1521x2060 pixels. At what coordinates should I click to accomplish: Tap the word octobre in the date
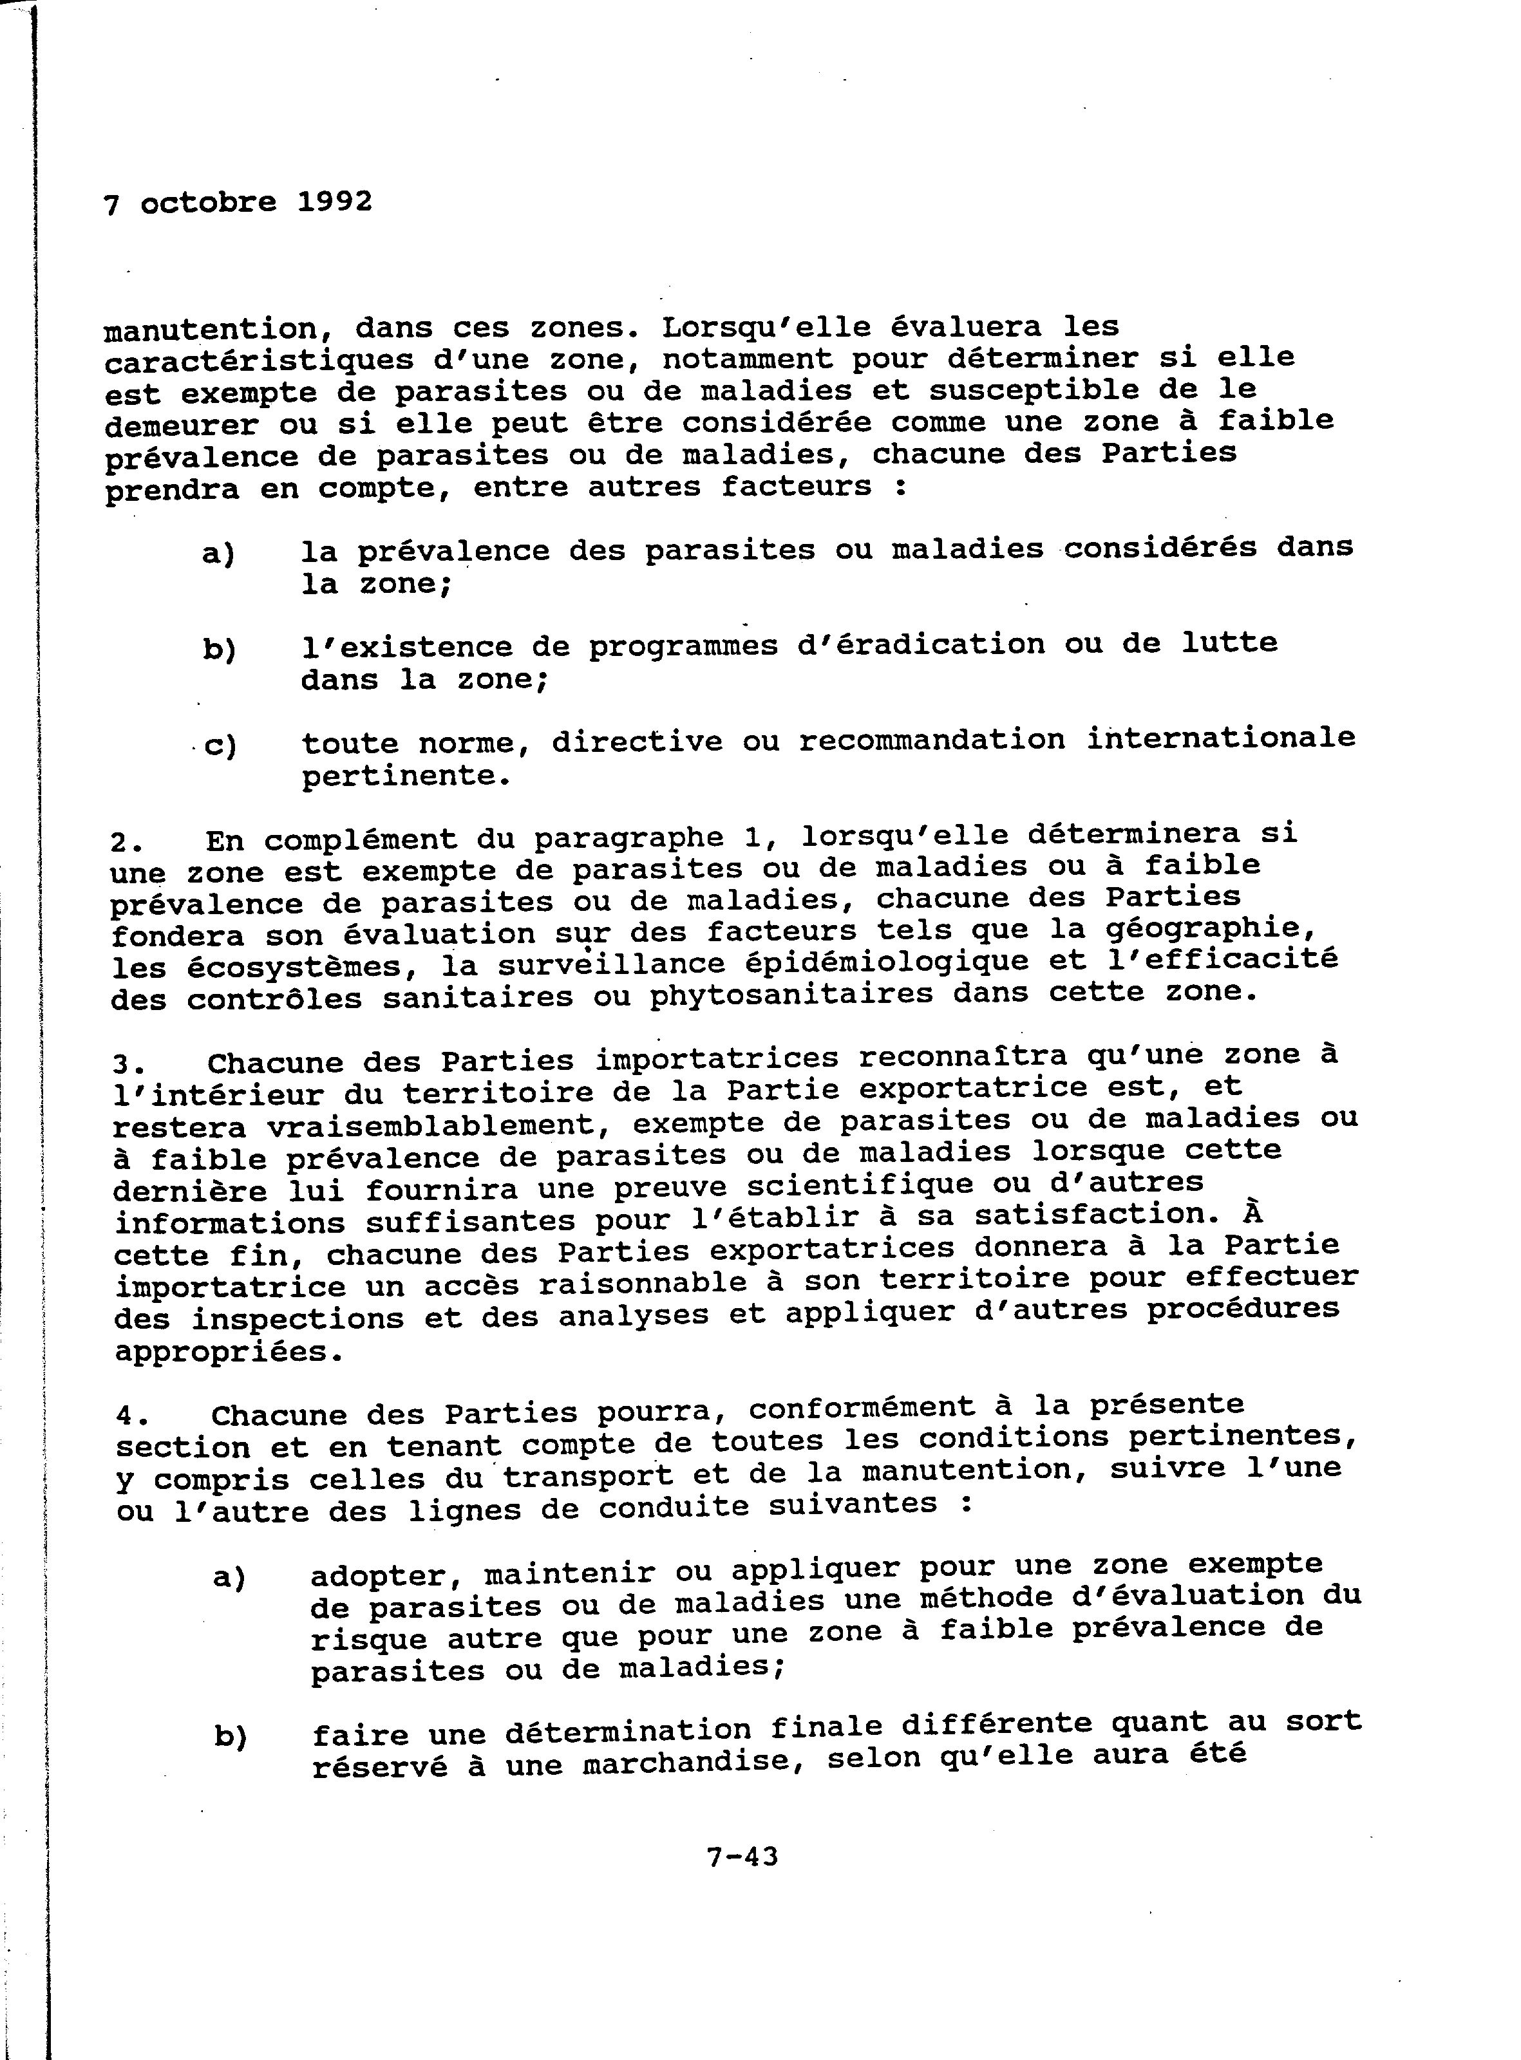[x=208, y=203]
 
